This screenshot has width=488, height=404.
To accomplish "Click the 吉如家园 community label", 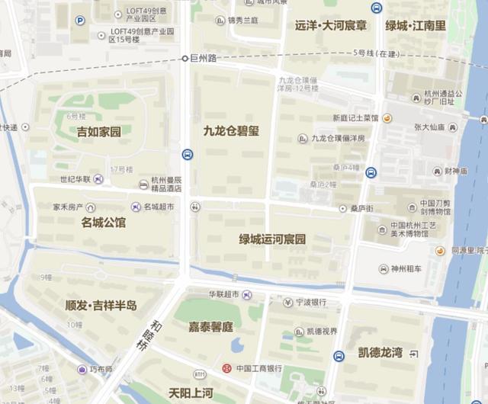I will coord(99,132).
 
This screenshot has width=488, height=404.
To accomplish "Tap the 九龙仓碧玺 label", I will coord(231,131).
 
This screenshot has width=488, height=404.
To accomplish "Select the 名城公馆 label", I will coord(104,223).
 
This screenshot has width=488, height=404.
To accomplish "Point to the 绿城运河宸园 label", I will coord(272,239).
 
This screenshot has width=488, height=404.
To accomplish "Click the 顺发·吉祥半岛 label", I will coord(101,305).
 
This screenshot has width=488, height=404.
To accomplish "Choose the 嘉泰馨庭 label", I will coord(210,326).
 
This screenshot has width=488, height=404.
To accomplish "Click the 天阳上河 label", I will coord(191,393).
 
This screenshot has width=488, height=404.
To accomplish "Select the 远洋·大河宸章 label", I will coord(330,26).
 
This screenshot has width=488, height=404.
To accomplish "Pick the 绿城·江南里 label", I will coord(416,26).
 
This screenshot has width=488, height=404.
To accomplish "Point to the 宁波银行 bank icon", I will coord(287,303).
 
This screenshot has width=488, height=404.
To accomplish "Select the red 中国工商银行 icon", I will coord(226,369).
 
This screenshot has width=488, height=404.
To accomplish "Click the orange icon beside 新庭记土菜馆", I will coord(387,118).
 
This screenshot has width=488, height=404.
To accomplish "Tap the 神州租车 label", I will coord(411,268).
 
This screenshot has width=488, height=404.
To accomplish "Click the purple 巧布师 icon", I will coord(82,370).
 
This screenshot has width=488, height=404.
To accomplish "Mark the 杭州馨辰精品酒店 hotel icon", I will coord(143,184).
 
